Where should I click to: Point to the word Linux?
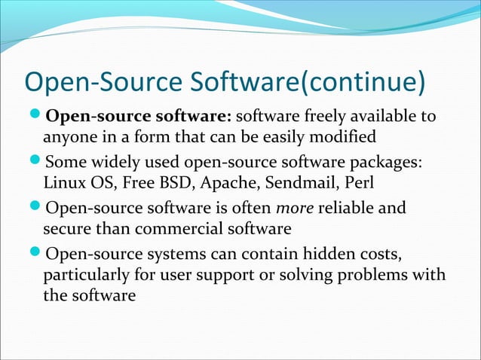(x=63, y=183)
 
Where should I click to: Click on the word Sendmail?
(x=297, y=183)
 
